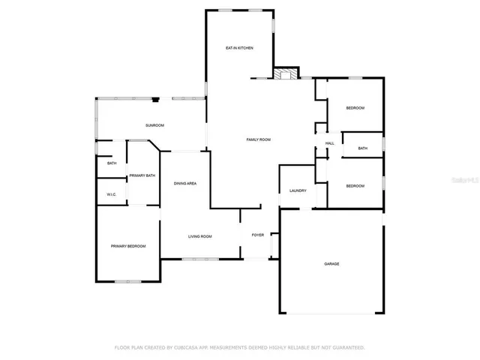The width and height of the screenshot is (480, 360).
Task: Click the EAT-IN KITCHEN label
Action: click(x=239, y=48)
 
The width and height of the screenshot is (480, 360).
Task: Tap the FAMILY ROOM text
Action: click(x=259, y=139)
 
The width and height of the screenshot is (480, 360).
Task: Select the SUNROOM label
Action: click(x=154, y=125)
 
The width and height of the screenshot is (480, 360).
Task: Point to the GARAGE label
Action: click(x=331, y=264)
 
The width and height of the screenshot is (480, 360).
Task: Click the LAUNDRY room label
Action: click(x=298, y=190)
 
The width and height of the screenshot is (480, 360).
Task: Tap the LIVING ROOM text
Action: click(x=199, y=236)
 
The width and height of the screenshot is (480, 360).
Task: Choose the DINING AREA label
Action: click(x=185, y=184)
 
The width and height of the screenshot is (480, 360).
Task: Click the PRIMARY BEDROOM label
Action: click(x=128, y=246)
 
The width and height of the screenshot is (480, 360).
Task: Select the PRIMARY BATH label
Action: click(x=142, y=175)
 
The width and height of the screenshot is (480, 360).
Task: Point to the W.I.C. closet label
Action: click(x=111, y=195)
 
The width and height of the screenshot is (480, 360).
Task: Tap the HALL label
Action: click(x=329, y=143)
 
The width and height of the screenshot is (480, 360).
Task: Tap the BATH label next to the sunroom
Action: click(x=112, y=163)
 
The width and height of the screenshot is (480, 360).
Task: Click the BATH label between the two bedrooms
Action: click(x=362, y=148)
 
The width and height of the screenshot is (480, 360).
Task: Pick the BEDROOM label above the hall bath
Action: click(x=355, y=109)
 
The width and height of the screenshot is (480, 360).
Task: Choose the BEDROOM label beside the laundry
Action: click(x=355, y=186)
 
